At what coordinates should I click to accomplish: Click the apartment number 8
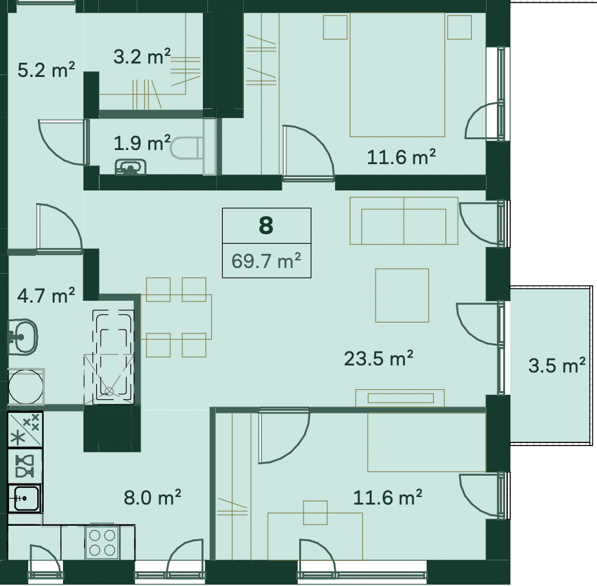[x=266, y=225]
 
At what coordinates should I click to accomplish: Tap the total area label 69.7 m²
[x=266, y=261]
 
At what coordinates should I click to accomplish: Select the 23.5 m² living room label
[x=379, y=358]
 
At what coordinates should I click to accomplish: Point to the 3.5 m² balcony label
[x=557, y=365]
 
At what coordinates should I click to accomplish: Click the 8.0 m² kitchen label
[x=152, y=498]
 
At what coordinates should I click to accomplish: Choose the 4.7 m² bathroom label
[x=46, y=296]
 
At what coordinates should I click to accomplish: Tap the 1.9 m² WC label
[x=142, y=143]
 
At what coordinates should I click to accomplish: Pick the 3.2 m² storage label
[x=142, y=56]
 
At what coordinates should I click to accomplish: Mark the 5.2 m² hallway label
[x=46, y=70]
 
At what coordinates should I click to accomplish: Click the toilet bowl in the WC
[x=186, y=148]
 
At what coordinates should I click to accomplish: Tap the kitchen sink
[x=25, y=498]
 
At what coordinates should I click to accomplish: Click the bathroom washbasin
[x=22, y=337]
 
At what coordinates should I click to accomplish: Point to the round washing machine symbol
[x=26, y=387]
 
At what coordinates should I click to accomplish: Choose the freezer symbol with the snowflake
[x=25, y=429]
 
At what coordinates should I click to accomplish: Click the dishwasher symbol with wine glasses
[x=25, y=466]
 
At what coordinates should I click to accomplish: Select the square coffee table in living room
[x=402, y=296]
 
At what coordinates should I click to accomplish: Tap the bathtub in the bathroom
[x=113, y=356]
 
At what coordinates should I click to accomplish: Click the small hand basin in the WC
[x=130, y=167]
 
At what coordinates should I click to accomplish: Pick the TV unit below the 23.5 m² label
[x=400, y=398]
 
